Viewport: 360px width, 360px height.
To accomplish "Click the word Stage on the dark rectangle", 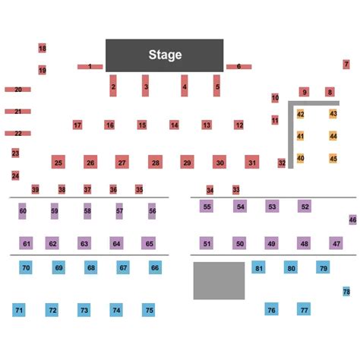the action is [165, 55].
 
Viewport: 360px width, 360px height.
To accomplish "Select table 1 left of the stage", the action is [90, 67].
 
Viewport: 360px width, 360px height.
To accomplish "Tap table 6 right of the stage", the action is [239, 67].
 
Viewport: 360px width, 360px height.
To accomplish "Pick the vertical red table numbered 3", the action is [145, 86].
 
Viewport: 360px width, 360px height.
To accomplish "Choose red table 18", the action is [43, 48].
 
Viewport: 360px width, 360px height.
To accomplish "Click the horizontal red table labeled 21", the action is [17, 112].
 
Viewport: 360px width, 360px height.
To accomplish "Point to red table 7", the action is [346, 65].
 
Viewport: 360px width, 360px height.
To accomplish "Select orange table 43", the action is [333, 114].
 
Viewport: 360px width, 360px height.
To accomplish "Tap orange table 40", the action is [300, 159].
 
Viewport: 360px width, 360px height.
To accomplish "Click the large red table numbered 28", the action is [156, 162].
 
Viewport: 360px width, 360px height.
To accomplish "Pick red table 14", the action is [174, 125].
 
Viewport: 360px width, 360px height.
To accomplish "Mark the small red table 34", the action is [210, 190].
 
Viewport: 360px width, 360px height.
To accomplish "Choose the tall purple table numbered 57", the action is [119, 211].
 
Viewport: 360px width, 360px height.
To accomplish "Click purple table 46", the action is [352, 219].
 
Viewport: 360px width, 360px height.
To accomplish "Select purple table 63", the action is [84, 243].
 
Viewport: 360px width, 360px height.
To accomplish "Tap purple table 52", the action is [305, 207].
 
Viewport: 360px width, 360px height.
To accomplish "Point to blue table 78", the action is [346, 292].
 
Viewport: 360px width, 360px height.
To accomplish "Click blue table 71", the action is [19, 310].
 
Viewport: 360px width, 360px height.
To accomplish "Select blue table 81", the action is [258, 267].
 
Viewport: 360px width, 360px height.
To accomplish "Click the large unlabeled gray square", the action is [219, 281].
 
